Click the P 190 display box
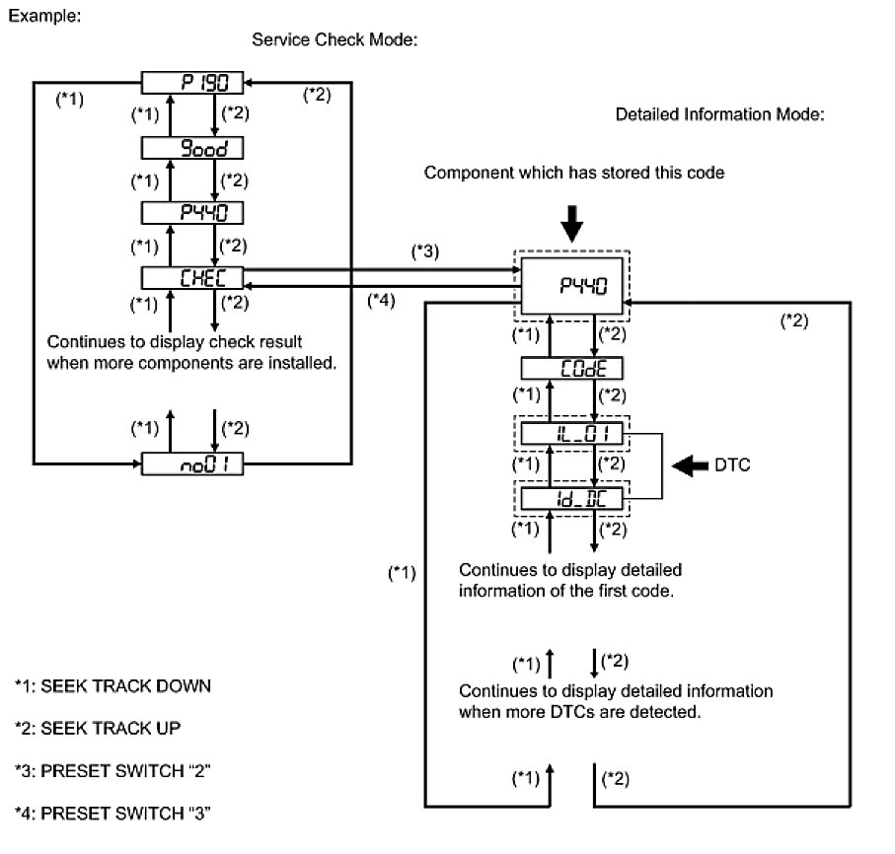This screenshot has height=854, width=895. pos(192,83)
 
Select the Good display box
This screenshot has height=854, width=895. pos(192,148)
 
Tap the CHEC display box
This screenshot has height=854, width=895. pos(192,278)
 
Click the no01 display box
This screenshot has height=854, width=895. pos(192,463)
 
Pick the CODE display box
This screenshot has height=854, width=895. pos(572,368)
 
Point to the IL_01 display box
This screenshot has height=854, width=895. pos(572,434)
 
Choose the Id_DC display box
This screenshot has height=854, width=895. pos(572,499)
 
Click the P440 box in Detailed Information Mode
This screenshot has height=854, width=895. pos(572,285)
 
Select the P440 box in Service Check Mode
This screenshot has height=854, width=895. pos(192,213)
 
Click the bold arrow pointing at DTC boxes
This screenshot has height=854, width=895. pos(690,465)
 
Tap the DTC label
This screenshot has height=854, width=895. pos(732,464)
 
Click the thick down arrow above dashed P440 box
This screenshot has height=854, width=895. pos(572,224)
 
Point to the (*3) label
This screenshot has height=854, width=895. pos(425,251)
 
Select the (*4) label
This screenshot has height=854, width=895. pos(381,300)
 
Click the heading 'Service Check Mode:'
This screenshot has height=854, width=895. pos(335,39)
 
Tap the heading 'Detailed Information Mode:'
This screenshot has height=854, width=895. pos(719,114)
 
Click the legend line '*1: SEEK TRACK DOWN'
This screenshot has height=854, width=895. pos(113,685)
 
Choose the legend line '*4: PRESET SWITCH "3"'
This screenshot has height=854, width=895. pos(113,813)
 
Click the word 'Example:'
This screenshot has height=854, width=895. pos(44,16)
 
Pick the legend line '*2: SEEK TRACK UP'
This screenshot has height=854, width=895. pos(98,728)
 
